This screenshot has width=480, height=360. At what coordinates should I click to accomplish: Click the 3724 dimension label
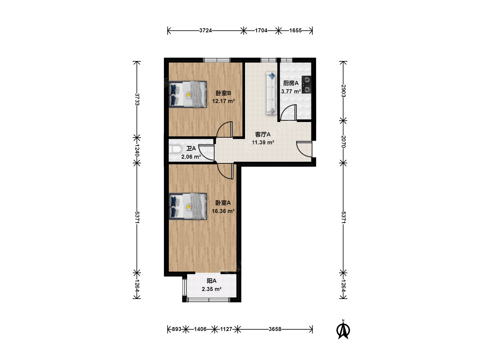pos(205,30)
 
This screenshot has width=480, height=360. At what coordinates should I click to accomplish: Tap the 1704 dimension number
pos(261,30)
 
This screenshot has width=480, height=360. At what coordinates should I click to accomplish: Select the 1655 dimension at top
pos(295,30)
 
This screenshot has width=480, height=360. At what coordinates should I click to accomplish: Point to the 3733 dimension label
pos(137,99)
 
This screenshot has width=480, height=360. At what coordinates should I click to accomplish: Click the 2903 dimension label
pos(343,91)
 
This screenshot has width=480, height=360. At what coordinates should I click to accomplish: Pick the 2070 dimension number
pos(343,142)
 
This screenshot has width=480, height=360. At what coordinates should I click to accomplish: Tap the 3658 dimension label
pos(275,329)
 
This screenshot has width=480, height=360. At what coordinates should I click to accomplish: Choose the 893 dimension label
pos(176,329)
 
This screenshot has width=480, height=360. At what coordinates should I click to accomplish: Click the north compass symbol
pos(343,329)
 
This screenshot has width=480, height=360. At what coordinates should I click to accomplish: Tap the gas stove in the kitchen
pos(306,85)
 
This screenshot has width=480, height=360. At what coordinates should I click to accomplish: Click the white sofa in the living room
pos(271,93)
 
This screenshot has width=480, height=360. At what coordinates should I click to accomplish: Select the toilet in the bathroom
pos(175,150)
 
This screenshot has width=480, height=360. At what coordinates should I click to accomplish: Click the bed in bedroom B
pos(188,94)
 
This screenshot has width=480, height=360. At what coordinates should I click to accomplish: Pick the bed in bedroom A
pos(188,206)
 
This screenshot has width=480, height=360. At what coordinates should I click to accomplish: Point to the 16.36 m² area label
pos(223,211)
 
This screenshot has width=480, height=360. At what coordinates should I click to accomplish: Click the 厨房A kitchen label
pos(291,83)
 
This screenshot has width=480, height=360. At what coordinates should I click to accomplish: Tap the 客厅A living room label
pos(263,134)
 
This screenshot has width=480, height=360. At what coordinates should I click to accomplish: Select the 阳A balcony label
pos(211,281)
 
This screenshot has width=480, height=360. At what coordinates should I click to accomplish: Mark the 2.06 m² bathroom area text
pos(191,157)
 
